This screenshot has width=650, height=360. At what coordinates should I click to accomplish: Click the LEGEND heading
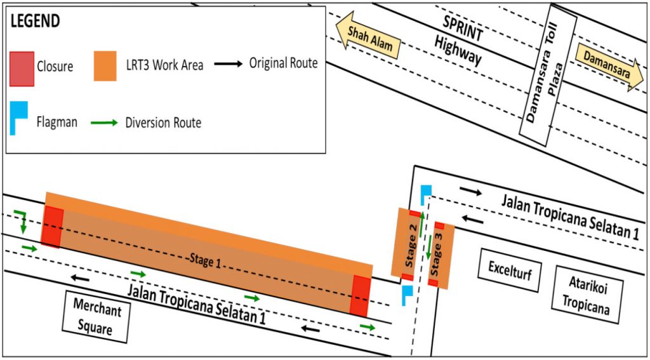(35, 20)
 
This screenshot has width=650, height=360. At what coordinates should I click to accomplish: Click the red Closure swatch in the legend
(22, 65)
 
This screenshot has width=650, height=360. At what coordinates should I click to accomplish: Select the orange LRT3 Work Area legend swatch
(105, 65)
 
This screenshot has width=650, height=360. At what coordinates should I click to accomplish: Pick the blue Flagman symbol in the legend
(18, 121)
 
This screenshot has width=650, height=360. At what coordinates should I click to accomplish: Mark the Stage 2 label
(411, 244)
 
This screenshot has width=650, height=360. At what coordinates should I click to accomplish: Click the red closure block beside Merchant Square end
(52, 226)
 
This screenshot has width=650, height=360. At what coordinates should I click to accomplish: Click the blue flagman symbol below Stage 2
(407, 294)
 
